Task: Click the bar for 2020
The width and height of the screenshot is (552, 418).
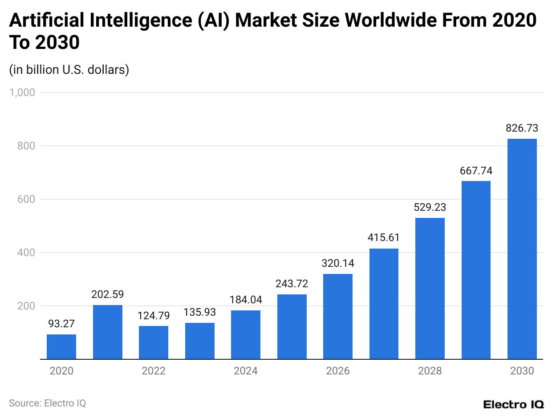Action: pyautogui.click(x=61, y=346)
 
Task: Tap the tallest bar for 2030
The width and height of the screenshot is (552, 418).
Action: pyautogui.click(x=522, y=249)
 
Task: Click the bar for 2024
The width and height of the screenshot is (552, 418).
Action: pyautogui.click(x=246, y=334)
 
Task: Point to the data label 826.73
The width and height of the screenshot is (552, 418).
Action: pyautogui.click(x=522, y=129)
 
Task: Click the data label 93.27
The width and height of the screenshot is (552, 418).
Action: pyautogui.click(x=61, y=324)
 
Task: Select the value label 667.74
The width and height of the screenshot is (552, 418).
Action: pyautogui.click(x=476, y=171)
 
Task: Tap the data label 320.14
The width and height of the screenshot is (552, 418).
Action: pyautogui.click(x=338, y=263)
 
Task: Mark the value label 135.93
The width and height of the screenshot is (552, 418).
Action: pyautogui.click(x=199, y=312)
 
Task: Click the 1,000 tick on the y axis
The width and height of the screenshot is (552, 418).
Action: pyautogui.click(x=22, y=92)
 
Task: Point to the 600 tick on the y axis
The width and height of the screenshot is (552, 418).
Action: pyautogui.click(x=26, y=199)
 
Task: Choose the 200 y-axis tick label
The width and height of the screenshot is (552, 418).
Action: pyautogui.click(x=26, y=306)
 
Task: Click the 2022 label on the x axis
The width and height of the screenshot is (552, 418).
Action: pyautogui.click(x=154, y=371)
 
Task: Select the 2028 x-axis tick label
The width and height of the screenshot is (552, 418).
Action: pyautogui.click(x=430, y=371)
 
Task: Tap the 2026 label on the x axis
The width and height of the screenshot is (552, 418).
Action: pyautogui.click(x=338, y=371)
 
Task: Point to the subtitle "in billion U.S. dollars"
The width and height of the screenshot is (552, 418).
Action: pyautogui.click(x=69, y=70)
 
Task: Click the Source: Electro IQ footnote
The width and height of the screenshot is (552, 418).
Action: pyautogui.click(x=47, y=403)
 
